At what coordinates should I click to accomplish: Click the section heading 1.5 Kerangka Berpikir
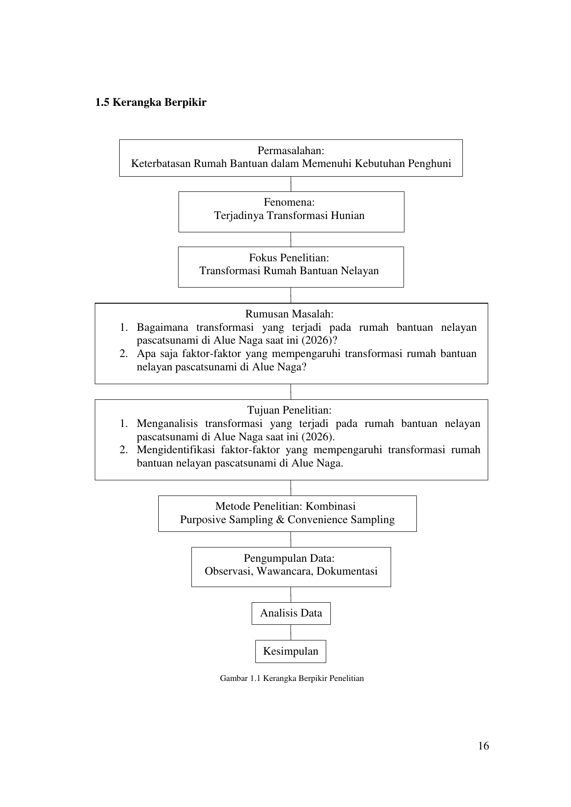click(150, 102)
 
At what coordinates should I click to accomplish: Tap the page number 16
click(483, 746)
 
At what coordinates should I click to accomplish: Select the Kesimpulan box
click(291, 651)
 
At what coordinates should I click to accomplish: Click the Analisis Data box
click(291, 613)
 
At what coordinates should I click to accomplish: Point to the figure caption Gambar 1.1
click(292, 678)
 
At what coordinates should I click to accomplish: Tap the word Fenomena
click(288, 202)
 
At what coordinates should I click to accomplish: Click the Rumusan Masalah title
click(289, 314)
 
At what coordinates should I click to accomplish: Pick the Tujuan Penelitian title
click(289, 410)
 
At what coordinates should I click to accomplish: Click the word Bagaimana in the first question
click(162, 328)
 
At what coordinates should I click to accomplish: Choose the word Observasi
click(227, 571)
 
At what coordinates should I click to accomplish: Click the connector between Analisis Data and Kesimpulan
click(291, 633)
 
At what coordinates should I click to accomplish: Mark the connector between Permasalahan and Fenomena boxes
click(291, 184)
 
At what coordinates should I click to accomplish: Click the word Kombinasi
click(331, 507)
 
